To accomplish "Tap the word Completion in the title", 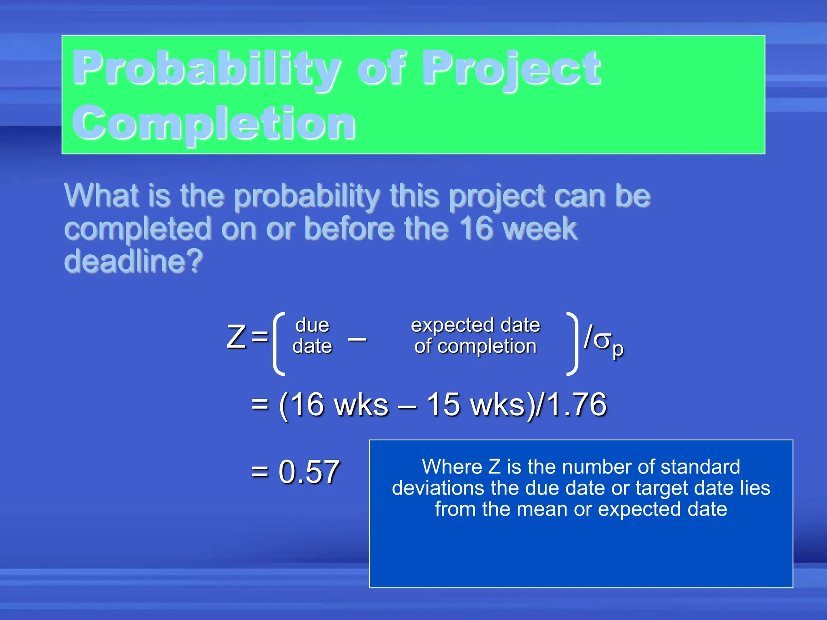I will tap(214, 123).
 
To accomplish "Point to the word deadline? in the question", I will tap(133, 261).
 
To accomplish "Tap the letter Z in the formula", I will tap(236, 337).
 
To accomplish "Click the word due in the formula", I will tap(312, 325).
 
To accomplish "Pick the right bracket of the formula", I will tap(572, 343).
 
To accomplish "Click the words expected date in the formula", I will tap(475, 325).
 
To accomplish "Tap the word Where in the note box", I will tap(451, 467).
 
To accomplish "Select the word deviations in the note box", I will tap(438, 488).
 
